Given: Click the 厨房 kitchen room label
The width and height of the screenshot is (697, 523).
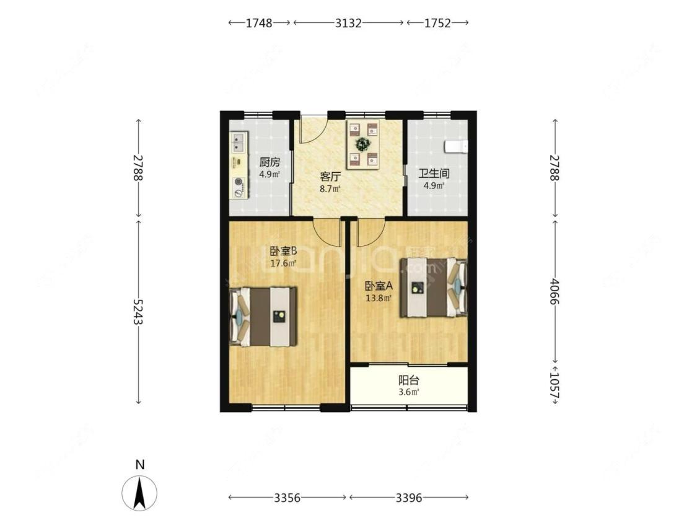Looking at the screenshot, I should point(270,163).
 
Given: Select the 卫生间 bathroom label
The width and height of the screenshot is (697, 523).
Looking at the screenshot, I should point(433,174).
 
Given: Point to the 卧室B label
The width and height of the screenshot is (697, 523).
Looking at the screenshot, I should point(283,252).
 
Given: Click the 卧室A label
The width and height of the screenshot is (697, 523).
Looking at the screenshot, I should point(379,286).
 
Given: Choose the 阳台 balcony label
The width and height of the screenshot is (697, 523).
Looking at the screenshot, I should point(408,380).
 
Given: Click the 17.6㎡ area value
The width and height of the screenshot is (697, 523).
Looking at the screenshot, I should point(283,263).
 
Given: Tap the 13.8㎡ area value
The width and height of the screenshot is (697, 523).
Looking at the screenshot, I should point(379,298).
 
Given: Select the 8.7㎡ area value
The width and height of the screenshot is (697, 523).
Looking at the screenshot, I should point(329,188).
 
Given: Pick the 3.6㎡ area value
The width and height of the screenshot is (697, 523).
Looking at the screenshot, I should point(408,392).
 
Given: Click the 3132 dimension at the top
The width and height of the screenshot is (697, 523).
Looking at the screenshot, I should point(348,23).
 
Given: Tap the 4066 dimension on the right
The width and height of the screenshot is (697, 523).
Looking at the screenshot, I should point(555,289).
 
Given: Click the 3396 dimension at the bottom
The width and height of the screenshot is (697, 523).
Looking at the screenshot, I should point(408,498).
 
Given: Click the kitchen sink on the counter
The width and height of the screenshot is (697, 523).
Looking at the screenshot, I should point(238,144).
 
